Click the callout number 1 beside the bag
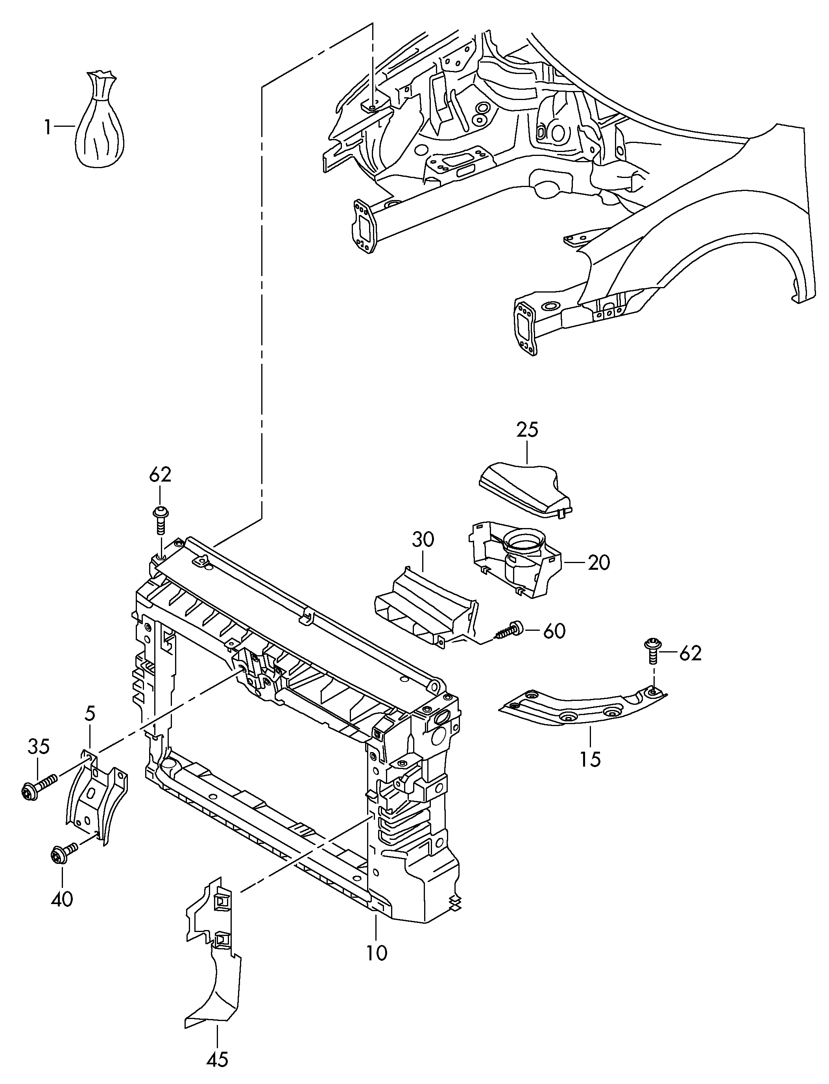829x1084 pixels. click(47, 128)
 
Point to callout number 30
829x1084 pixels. click(423, 539)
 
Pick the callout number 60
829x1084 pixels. click(554, 631)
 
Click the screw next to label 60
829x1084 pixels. click(508, 630)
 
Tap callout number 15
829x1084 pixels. click(590, 758)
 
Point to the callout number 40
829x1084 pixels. click(62, 899)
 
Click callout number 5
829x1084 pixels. click(90, 713)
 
